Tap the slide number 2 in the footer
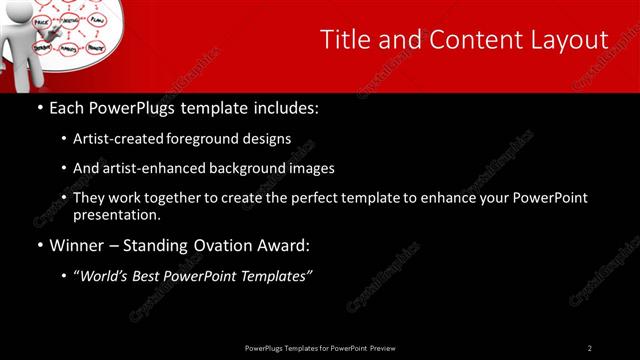coord(590,348)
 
